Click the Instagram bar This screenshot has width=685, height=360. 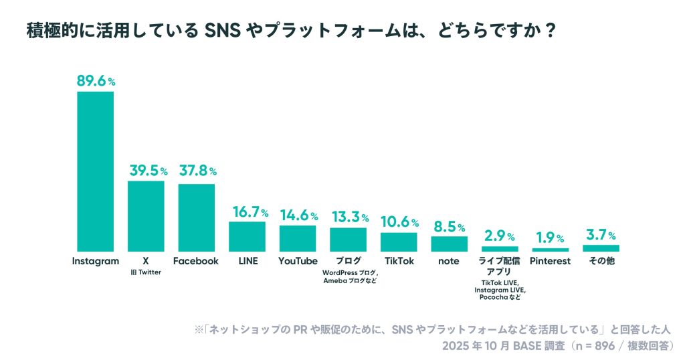click(95, 171)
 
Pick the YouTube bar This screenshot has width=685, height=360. click(297, 238)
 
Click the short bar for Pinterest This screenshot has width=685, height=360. click(550, 250)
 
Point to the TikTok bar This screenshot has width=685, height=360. click(399, 242)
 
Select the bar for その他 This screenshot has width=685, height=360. click(601, 248)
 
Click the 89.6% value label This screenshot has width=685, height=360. click(96, 81)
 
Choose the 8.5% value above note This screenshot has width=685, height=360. click(449, 227)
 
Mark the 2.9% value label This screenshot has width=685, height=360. click(500, 236)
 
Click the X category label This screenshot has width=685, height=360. click(146, 261)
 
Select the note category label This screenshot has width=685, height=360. click(449, 261)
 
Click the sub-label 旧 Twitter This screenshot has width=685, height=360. click(146, 272)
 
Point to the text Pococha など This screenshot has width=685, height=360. click(500, 296)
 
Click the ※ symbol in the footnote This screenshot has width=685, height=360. click(198, 330)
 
